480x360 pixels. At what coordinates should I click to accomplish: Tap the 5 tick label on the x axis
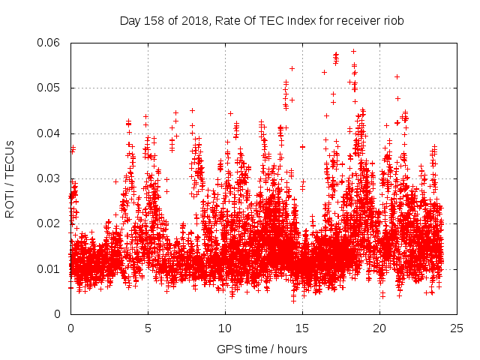point(148,328)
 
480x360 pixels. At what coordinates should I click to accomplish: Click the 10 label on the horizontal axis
point(225,328)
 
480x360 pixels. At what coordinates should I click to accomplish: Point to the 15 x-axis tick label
point(302,328)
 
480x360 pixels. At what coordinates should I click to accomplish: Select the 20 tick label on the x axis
point(379,328)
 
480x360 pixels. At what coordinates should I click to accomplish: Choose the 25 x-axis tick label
point(457,328)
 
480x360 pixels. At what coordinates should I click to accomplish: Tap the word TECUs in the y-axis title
point(10,155)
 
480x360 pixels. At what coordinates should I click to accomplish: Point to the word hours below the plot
point(292,349)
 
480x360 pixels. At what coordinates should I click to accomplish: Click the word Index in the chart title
point(299,21)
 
